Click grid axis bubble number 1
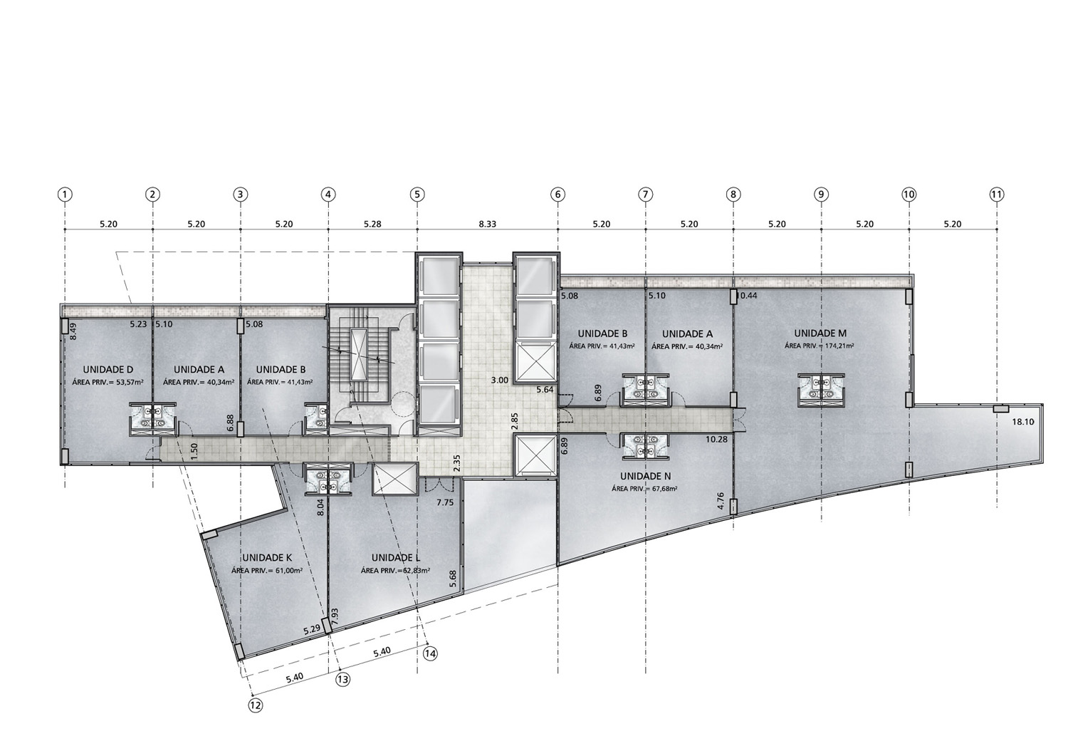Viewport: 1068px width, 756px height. (65, 195)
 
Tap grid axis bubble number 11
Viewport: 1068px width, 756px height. (997, 195)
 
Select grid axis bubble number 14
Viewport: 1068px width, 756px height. (431, 653)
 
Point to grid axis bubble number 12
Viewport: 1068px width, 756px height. (256, 705)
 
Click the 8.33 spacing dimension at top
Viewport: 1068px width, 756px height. (487, 224)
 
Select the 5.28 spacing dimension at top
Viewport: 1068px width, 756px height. (372, 224)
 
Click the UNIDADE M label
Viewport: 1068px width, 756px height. (820, 333)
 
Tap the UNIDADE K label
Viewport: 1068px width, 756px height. (267, 558)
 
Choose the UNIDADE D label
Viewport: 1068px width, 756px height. (108, 369)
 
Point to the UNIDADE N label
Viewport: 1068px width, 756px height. (645, 476)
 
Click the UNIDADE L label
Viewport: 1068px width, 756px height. (396, 558)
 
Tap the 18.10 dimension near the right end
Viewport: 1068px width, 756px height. (1023, 422)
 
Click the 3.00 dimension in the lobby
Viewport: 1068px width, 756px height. (500, 380)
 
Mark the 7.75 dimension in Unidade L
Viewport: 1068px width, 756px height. (445, 502)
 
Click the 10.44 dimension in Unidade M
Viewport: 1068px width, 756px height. (747, 296)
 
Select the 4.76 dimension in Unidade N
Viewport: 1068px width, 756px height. (721, 501)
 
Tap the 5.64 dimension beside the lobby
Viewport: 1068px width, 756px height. (545, 390)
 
